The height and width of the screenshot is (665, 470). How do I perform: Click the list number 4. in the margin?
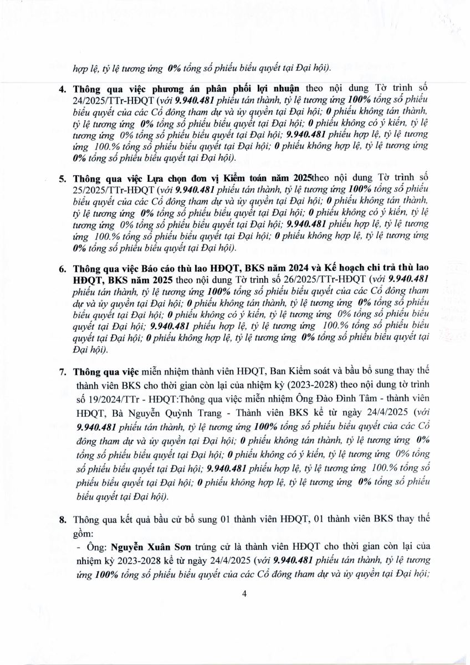tap(63, 89)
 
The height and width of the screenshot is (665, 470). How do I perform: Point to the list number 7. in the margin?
tap(63, 370)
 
